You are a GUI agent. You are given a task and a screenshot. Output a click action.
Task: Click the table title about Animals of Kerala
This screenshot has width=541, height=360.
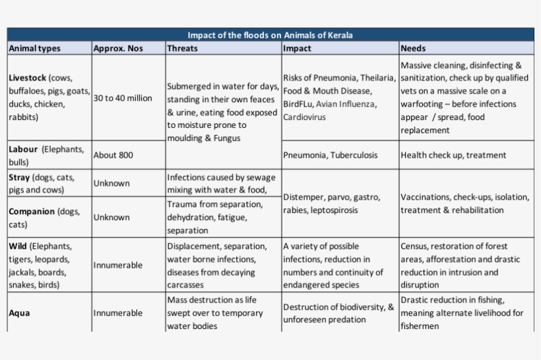coord(270,35)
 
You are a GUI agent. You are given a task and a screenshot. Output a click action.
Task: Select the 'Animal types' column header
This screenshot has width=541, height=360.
coord(34,48)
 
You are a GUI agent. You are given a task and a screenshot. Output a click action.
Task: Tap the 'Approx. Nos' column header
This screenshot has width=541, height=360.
coord(118,48)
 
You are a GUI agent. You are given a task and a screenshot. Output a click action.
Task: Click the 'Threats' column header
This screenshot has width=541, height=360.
coord(182,48)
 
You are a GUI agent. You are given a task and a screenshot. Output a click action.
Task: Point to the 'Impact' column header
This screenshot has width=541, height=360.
coord(297,48)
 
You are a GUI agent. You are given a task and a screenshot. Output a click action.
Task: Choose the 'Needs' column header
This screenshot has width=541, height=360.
coord(413,48)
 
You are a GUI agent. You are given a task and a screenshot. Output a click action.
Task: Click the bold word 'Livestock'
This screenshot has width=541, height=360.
coord(28,78)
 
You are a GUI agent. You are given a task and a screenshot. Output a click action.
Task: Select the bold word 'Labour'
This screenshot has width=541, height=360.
coord(24,149)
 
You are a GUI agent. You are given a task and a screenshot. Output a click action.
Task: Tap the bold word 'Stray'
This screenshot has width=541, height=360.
coord(20,177)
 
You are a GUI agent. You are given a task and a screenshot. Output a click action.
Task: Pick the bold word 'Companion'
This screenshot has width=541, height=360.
coord(32,212)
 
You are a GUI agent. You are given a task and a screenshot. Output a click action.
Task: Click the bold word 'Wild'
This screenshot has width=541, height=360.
coord(18,246)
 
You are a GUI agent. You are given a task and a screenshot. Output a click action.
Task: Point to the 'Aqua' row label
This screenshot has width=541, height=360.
coord(19,313)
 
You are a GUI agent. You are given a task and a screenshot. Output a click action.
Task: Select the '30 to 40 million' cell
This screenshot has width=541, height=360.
coord(123,98)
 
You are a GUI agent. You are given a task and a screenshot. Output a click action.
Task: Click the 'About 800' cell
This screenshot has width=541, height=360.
coord(113,155)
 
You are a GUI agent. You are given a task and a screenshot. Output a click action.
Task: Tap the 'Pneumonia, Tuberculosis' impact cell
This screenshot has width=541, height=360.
coord(330,155)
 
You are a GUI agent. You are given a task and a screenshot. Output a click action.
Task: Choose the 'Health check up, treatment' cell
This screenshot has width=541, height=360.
coord(453,155)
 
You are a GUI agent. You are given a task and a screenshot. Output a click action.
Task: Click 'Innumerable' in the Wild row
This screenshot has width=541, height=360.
coord(117,265)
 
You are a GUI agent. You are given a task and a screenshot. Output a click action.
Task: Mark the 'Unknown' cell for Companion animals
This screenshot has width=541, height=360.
coord(111,217)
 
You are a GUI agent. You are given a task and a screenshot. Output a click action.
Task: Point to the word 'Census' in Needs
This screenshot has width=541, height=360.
coord(415,246)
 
